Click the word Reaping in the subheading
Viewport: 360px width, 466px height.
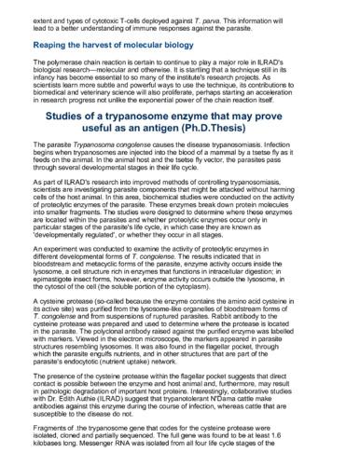pos(56,46)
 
